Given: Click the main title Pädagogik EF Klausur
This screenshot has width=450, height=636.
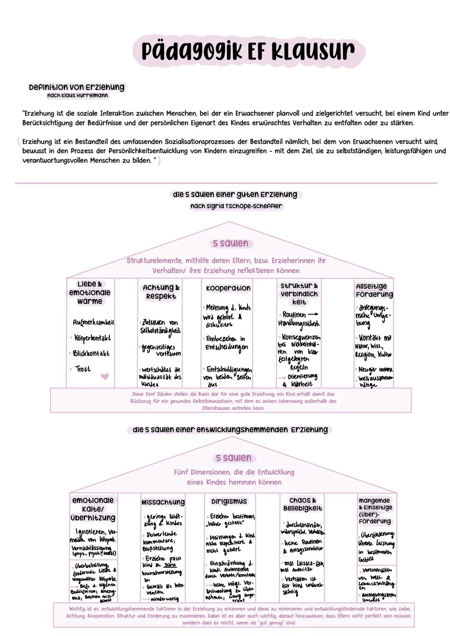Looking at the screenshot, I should [x=248, y=52].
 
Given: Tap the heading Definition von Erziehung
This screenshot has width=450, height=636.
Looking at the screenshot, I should [x=77, y=87].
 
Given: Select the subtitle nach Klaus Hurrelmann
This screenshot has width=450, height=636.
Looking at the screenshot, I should [x=77, y=95].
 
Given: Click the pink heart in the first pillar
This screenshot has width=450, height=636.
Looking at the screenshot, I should [x=105, y=376].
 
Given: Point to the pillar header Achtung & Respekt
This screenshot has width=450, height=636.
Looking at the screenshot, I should [x=161, y=292].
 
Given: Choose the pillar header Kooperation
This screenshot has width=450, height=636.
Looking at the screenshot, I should [x=228, y=288].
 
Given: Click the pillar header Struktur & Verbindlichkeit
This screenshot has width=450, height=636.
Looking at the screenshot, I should [x=299, y=294].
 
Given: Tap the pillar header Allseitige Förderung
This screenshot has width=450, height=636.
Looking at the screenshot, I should [x=374, y=290].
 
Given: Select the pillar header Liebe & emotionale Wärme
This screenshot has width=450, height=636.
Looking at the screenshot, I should [x=90, y=292].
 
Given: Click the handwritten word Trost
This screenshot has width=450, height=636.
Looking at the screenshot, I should [x=83, y=369].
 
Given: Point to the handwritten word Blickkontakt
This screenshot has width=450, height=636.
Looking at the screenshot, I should [x=91, y=354].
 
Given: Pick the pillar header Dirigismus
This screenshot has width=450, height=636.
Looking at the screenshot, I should [x=229, y=501].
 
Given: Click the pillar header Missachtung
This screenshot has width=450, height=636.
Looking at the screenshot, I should [x=163, y=502].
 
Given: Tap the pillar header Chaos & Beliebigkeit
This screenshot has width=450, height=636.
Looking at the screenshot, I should [x=302, y=504].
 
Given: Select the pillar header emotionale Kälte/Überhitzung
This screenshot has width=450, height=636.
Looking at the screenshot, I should [x=93, y=509].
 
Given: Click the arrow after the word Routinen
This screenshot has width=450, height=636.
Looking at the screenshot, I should [x=313, y=314].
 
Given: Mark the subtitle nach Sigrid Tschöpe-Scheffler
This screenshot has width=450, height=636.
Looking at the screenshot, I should [x=236, y=206].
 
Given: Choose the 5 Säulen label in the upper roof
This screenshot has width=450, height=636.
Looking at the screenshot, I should [x=230, y=243].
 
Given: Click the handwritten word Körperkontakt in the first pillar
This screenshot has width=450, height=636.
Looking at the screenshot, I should [x=92, y=338].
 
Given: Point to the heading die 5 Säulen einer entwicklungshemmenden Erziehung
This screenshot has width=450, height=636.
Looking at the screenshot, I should [x=230, y=429].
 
